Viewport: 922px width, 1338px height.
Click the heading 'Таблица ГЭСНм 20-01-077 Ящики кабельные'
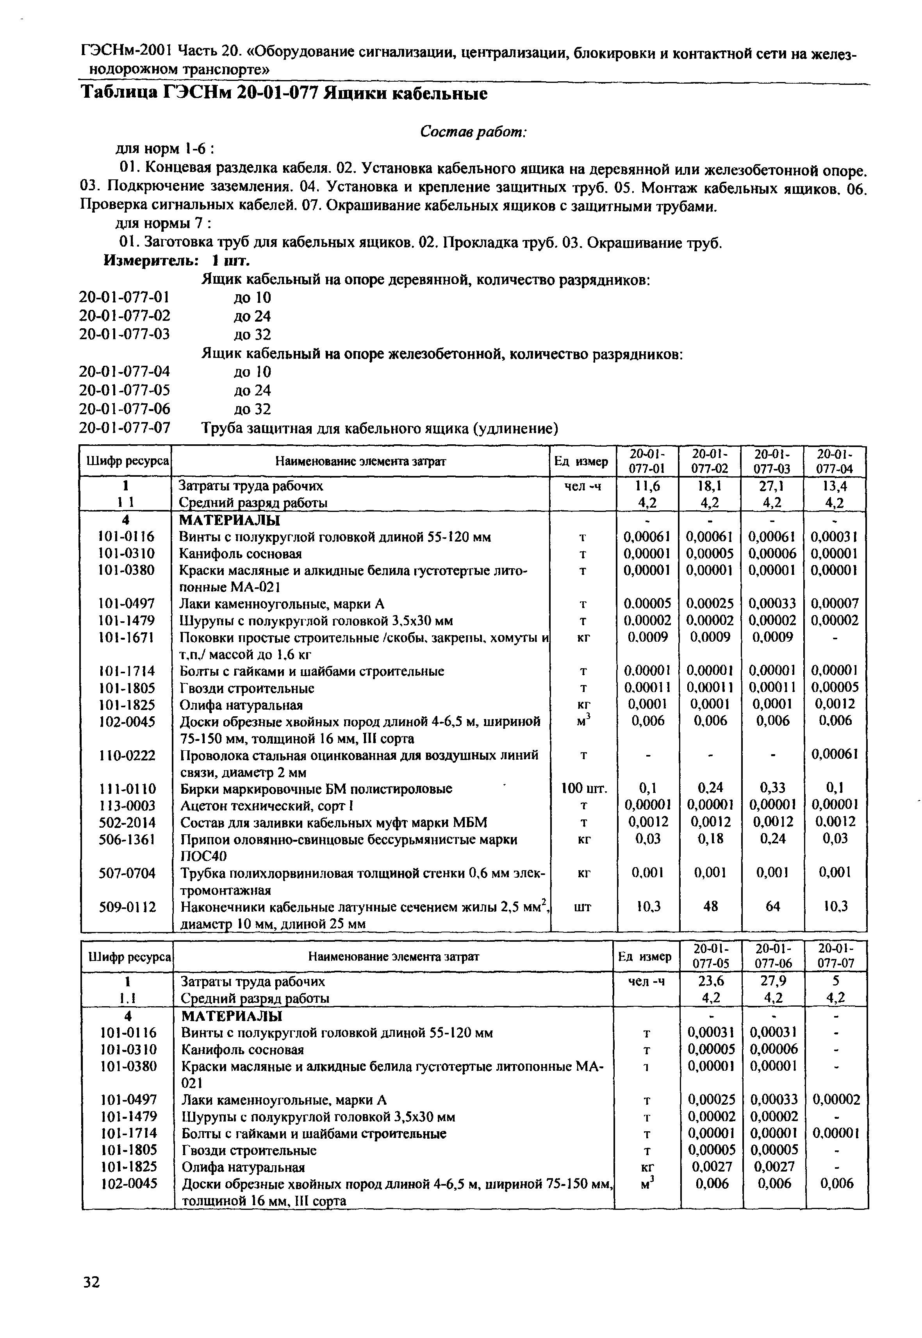coord(283,93)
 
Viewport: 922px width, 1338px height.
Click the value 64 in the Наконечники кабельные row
coord(772,906)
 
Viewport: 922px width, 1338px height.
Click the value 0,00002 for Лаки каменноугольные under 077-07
coord(836,1099)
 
